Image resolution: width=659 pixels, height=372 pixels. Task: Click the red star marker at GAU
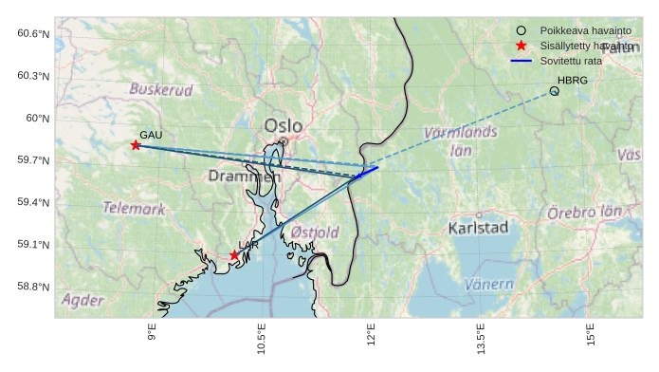tap(136, 145)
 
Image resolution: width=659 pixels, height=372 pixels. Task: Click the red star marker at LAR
tap(234, 255)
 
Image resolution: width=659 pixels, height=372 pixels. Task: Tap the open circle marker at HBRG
tap(554, 91)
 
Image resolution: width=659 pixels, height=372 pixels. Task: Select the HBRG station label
tap(572, 81)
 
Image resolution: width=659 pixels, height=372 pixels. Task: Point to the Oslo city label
tap(283, 125)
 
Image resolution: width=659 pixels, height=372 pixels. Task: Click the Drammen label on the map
tap(244, 177)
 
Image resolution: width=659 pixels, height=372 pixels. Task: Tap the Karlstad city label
tap(478, 228)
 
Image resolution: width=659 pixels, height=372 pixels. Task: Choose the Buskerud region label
tap(160, 90)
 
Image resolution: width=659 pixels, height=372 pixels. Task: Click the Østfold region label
tap(315, 232)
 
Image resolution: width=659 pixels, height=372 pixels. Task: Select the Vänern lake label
tap(489, 284)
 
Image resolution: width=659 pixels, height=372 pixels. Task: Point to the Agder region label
tap(82, 300)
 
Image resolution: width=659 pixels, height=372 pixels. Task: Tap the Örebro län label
tap(584, 213)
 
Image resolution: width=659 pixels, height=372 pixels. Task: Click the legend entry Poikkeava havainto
tap(578, 30)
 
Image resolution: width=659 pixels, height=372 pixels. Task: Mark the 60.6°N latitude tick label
tap(33, 34)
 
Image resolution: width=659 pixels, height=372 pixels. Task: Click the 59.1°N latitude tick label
tap(33, 245)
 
